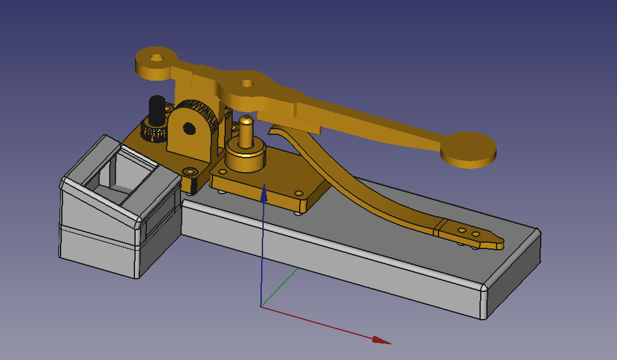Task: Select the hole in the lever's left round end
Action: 156,57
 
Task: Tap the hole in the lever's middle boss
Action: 247,83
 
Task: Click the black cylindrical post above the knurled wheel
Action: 156,110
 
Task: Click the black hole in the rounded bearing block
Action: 189,129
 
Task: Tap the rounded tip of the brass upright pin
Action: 247,119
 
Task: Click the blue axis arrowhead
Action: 264,193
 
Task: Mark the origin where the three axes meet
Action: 261,306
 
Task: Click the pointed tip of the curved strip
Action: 502,243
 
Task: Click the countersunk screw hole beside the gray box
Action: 190,171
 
